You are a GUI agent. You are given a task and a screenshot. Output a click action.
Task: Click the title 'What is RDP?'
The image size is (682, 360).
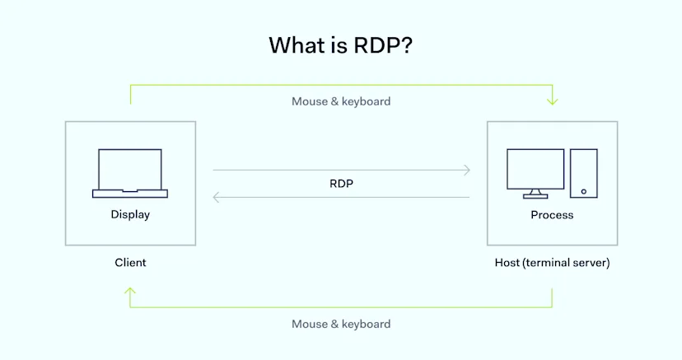(x=340, y=44)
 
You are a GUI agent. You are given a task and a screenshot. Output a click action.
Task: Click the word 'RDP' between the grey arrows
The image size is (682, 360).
(x=341, y=184)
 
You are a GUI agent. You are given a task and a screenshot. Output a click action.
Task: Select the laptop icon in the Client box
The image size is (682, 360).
(x=130, y=173)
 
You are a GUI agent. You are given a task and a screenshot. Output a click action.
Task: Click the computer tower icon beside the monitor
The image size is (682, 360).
(x=583, y=173)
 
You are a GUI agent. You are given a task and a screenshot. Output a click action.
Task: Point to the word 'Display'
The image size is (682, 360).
(x=130, y=215)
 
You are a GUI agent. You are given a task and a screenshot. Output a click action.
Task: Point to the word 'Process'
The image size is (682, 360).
(x=552, y=215)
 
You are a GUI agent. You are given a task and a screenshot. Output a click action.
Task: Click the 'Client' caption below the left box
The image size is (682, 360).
(x=130, y=263)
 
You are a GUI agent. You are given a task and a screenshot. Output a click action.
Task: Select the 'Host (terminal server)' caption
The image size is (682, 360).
(x=552, y=263)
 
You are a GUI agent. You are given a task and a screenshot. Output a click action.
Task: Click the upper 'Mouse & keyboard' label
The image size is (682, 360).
(x=341, y=101)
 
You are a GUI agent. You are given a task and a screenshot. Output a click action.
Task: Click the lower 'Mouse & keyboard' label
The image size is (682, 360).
(x=341, y=324)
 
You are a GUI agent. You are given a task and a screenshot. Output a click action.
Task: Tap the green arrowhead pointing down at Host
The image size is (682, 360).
(x=552, y=101)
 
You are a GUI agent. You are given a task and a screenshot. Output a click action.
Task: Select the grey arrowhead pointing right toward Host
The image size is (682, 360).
(x=466, y=171)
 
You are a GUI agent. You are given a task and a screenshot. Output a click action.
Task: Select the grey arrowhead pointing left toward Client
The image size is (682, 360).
(x=217, y=197)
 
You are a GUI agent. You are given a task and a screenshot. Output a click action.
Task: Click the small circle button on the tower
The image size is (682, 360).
(x=584, y=191)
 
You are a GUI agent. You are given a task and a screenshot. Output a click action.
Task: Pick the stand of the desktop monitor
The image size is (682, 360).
(x=535, y=194)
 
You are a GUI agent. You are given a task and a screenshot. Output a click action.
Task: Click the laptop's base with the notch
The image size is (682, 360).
(x=130, y=194)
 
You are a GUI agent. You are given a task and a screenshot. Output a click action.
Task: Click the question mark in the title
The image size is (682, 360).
(x=405, y=44)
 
